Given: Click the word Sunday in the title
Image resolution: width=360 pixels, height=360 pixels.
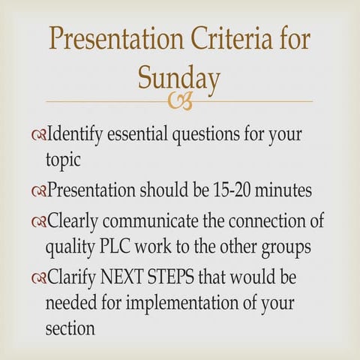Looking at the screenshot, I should point(179,77).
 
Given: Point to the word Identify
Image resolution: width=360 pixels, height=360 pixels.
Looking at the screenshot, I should point(76,136).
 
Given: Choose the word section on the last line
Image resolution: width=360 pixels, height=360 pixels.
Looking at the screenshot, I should point(70,328).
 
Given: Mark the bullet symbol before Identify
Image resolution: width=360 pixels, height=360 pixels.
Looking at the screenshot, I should point(39,137).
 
